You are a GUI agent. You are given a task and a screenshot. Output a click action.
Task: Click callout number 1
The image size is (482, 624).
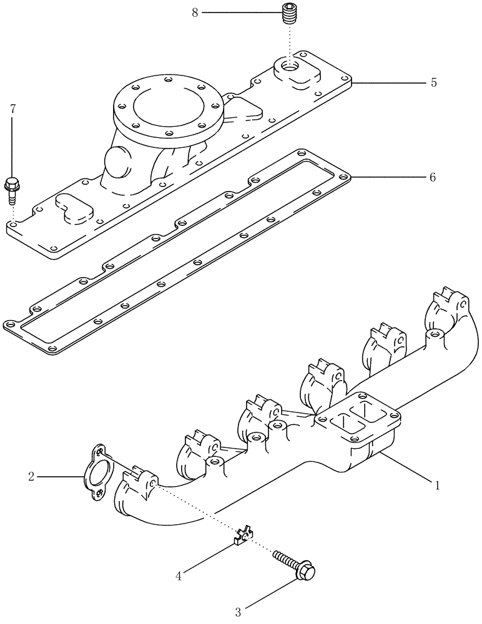(x=437, y=484)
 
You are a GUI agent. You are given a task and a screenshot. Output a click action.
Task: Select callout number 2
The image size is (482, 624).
(x=31, y=477)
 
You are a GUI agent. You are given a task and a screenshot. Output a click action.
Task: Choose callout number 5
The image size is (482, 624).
(x=433, y=82)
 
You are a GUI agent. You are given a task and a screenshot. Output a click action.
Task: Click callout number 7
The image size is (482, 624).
(x=12, y=109)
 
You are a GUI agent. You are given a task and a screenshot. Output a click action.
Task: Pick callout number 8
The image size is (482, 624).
(x=195, y=12)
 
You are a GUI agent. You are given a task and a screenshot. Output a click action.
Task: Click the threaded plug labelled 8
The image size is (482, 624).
(x=288, y=13)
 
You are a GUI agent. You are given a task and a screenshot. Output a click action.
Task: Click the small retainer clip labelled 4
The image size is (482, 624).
(x=244, y=534)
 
